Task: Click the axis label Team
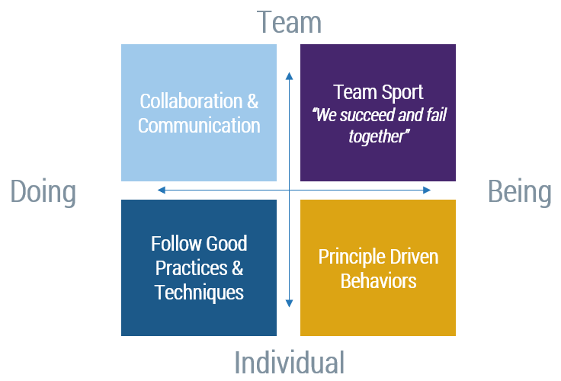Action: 289,22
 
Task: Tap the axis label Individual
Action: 289,362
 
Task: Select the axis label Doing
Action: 43,192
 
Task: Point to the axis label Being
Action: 519,192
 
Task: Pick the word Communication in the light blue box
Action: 199,125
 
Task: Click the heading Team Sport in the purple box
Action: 378,93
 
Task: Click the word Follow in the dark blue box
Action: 175,244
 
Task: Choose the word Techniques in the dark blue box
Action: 199,292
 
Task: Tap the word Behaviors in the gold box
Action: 378,280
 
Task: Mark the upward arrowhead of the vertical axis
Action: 289,75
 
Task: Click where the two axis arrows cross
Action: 289,190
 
